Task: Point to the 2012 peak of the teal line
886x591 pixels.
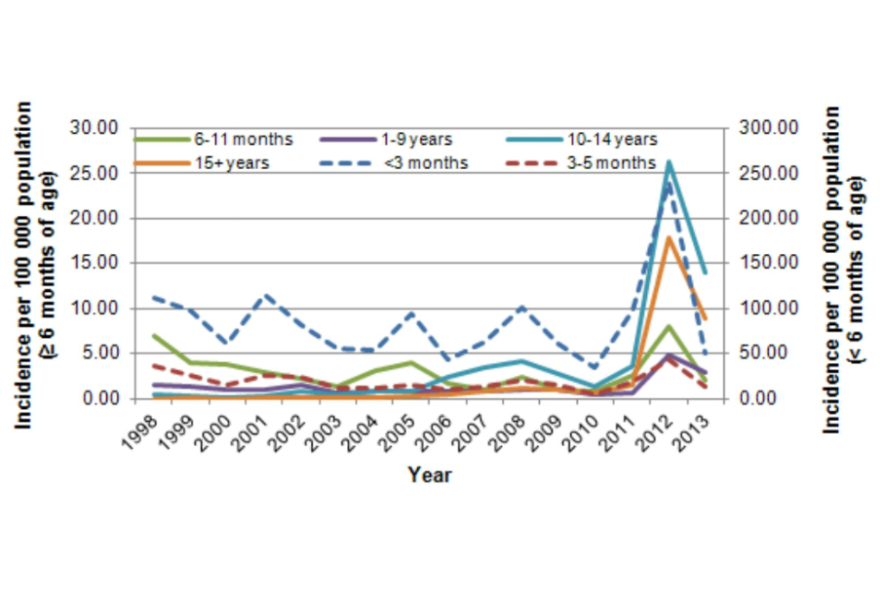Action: tap(667, 163)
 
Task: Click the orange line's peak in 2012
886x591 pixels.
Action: tap(667, 237)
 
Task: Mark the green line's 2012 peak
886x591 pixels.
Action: tap(667, 326)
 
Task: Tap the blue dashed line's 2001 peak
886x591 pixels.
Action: tap(268, 295)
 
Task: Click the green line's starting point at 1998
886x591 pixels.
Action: tap(154, 335)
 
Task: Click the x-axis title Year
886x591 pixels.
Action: tap(429, 476)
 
